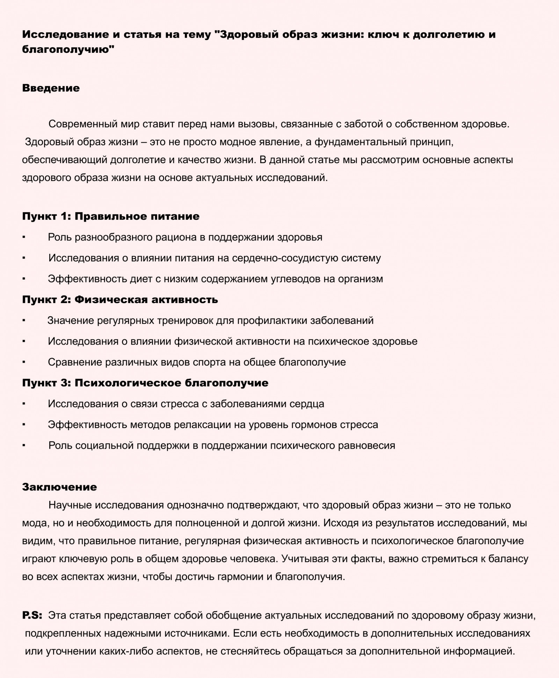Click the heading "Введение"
coord(51,88)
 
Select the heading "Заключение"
coord(59,487)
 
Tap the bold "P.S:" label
coord(32,615)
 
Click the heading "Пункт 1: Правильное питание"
coord(111,216)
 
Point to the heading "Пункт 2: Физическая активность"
coord(120,300)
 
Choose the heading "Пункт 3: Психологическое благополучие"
coord(145,383)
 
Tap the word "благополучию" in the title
coord(68,50)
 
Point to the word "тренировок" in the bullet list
coord(185,320)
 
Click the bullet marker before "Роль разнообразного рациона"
coord(24,237)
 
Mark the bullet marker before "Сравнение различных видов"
coord(24,362)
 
